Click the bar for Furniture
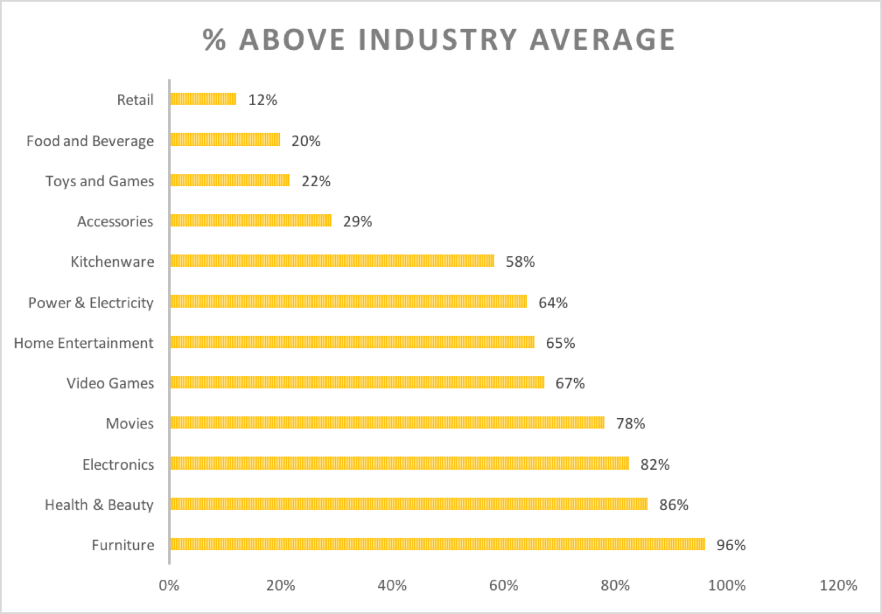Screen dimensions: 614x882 [x=437, y=544]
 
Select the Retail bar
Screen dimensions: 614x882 [x=203, y=99]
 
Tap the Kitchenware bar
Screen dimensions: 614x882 [x=332, y=261]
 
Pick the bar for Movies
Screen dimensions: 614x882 [x=387, y=422]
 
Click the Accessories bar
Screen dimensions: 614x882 [x=251, y=220]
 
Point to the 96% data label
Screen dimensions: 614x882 [x=731, y=545]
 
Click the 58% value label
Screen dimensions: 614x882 [x=520, y=262]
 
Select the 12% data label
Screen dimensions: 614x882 [x=262, y=100]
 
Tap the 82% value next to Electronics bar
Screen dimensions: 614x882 [x=655, y=465]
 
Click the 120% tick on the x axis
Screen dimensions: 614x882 [x=838, y=585]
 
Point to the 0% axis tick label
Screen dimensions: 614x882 [x=169, y=585]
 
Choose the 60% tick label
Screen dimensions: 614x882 [x=503, y=585]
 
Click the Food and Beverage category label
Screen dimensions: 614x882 [x=90, y=141]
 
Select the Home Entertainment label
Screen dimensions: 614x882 [x=83, y=343]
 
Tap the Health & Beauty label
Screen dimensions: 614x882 [x=99, y=505]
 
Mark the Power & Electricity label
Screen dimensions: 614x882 [x=91, y=303]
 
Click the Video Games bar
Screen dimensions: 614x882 [x=357, y=382]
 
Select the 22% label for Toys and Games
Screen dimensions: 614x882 [x=316, y=181]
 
